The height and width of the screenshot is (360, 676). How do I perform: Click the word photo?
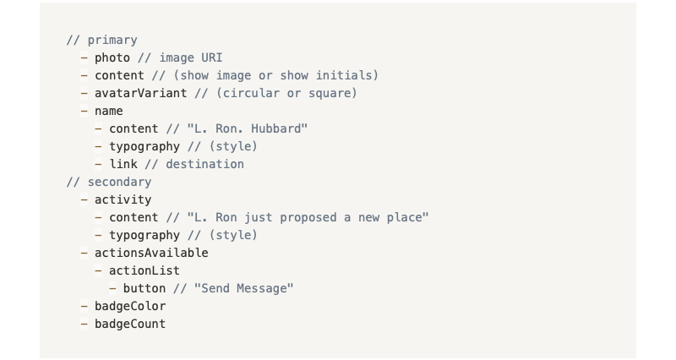click(112, 57)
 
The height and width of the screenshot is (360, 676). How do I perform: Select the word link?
click(123, 164)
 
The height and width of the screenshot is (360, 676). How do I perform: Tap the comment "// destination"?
click(194, 164)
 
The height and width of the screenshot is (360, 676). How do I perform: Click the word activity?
click(123, 199)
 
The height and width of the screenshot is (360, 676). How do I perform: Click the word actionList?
click(144, 270)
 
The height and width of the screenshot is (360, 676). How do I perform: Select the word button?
click(144, 288)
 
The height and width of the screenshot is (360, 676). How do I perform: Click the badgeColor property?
click(130, 306)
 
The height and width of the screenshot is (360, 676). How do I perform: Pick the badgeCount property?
click(130, 324)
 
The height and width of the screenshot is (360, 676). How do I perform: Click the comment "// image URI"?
click(180, 57)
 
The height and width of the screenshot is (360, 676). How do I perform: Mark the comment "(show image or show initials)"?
click(276, 75)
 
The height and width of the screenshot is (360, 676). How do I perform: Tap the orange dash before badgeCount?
click(84, 324)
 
